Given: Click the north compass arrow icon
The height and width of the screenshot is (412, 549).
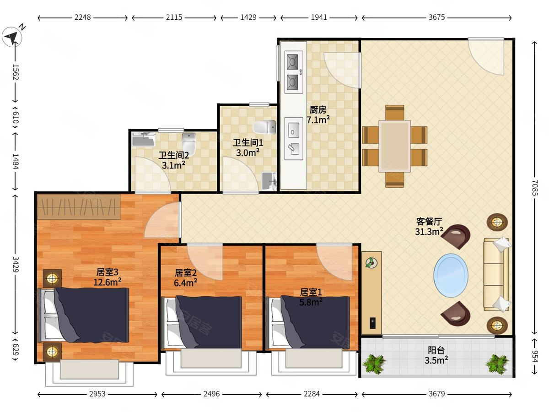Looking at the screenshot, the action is [12, 37].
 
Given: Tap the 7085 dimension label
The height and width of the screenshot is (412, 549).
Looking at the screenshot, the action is [534, 188].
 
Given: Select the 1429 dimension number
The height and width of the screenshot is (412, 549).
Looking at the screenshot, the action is [248, 17].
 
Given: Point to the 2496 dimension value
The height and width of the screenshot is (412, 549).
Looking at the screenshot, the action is [211, 394].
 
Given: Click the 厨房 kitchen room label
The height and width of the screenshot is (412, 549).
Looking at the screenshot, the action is [318, 109].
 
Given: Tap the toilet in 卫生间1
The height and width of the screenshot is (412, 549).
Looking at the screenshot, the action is [264, 127].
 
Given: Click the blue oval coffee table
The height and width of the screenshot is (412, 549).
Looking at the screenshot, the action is [451, 276].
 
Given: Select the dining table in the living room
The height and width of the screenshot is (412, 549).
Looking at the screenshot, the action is [394, 146].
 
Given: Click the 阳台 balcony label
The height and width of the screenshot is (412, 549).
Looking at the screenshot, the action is [436, 350].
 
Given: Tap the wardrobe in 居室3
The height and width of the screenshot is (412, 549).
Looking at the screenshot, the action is [79, 207].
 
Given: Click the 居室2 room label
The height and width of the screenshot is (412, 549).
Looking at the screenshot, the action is [185, 273].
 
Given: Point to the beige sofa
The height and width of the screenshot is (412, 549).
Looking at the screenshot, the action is [496, 274].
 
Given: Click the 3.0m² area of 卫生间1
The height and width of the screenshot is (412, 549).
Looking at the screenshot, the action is [248, 152].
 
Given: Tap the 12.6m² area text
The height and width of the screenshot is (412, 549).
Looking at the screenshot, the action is [108, 282].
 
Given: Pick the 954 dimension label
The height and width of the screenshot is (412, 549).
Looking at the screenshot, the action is [534, 356].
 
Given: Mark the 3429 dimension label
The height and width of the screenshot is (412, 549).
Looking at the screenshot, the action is [16, 265].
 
